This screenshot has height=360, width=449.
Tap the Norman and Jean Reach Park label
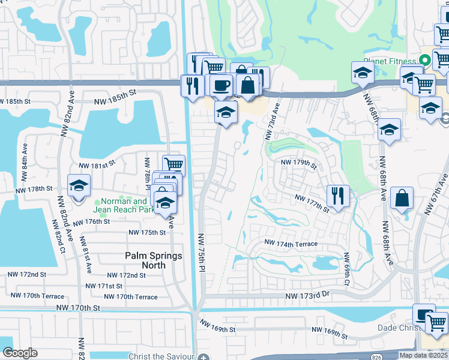pos(123,206)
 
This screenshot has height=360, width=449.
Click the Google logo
pos(20,353)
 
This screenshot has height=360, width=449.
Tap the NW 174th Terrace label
pos(291,243)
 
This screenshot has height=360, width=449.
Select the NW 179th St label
pos(299,163)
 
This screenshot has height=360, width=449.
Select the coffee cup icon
pos(221,85)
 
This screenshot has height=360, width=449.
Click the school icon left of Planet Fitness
pos(362,73)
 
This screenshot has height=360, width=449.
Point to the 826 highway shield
pos(376,357)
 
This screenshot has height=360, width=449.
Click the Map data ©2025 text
pos(423,355)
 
